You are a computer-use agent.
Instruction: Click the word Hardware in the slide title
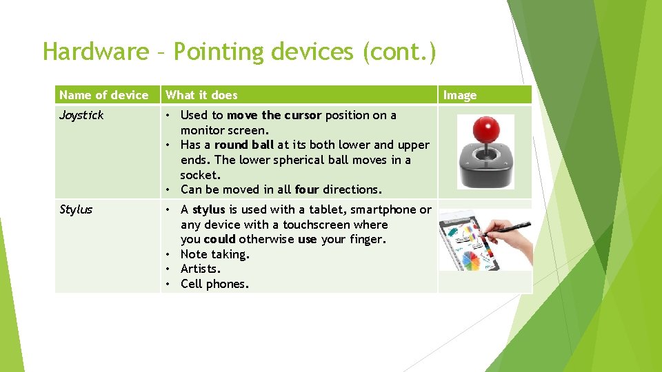(95, 52)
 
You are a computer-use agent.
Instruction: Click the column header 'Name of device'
(103, 95)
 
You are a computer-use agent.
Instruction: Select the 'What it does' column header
(201, 95)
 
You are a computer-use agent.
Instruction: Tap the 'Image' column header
(459, 95)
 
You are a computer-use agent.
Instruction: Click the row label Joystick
(81, 115)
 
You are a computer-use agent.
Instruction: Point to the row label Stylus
(76, 209)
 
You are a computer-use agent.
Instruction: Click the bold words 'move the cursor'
(274, 115)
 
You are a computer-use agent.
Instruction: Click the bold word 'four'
(307, 189)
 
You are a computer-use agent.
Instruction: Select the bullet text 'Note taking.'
(214, 254)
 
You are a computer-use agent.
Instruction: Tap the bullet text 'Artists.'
(201, 269)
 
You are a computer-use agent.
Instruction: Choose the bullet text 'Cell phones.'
(214, 284)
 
